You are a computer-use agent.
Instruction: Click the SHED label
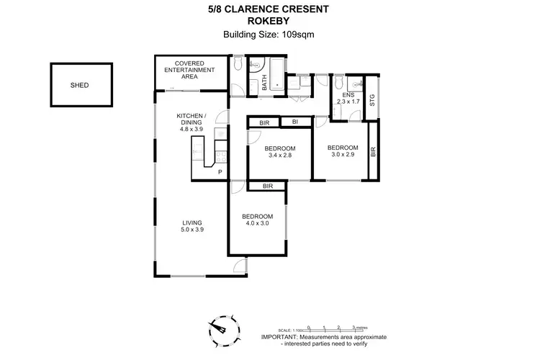point(80,84)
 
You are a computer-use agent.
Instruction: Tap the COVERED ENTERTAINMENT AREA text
point(189,70)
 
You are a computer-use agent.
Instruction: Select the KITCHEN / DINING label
point(192,120)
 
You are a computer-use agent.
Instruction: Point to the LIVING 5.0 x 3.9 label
point(192,226)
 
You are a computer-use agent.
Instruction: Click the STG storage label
point(372,102)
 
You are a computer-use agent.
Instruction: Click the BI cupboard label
point(295,122)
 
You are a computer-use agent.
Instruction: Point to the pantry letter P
point(220,173)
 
